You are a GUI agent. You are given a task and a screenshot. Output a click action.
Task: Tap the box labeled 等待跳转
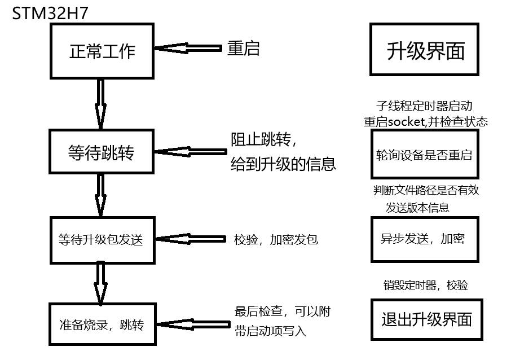click(102, 151)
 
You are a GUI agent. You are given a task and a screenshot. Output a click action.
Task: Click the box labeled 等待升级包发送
click(102, 239)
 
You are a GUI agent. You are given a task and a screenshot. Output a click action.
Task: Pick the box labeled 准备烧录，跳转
click(102, 324)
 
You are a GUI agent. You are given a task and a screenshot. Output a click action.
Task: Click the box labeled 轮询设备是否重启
click(424, 154)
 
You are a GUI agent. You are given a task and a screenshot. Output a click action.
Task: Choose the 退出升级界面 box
click(427, 319)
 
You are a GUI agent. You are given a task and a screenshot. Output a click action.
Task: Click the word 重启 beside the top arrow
click(244, 49)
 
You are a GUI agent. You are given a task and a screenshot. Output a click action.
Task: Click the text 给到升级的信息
click(284, 164)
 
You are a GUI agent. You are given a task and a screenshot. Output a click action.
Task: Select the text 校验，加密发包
click(276, 239)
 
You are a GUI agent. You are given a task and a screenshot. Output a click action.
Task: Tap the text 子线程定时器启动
click(424, 106)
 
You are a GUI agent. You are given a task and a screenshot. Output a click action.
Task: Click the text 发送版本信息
click(418, 208)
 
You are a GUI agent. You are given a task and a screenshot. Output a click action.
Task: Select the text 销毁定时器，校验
click(425, 286)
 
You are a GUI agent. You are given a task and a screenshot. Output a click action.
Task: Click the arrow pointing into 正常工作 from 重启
click(189, 49)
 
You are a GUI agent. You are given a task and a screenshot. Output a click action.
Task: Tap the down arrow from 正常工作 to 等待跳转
click(101, 104)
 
